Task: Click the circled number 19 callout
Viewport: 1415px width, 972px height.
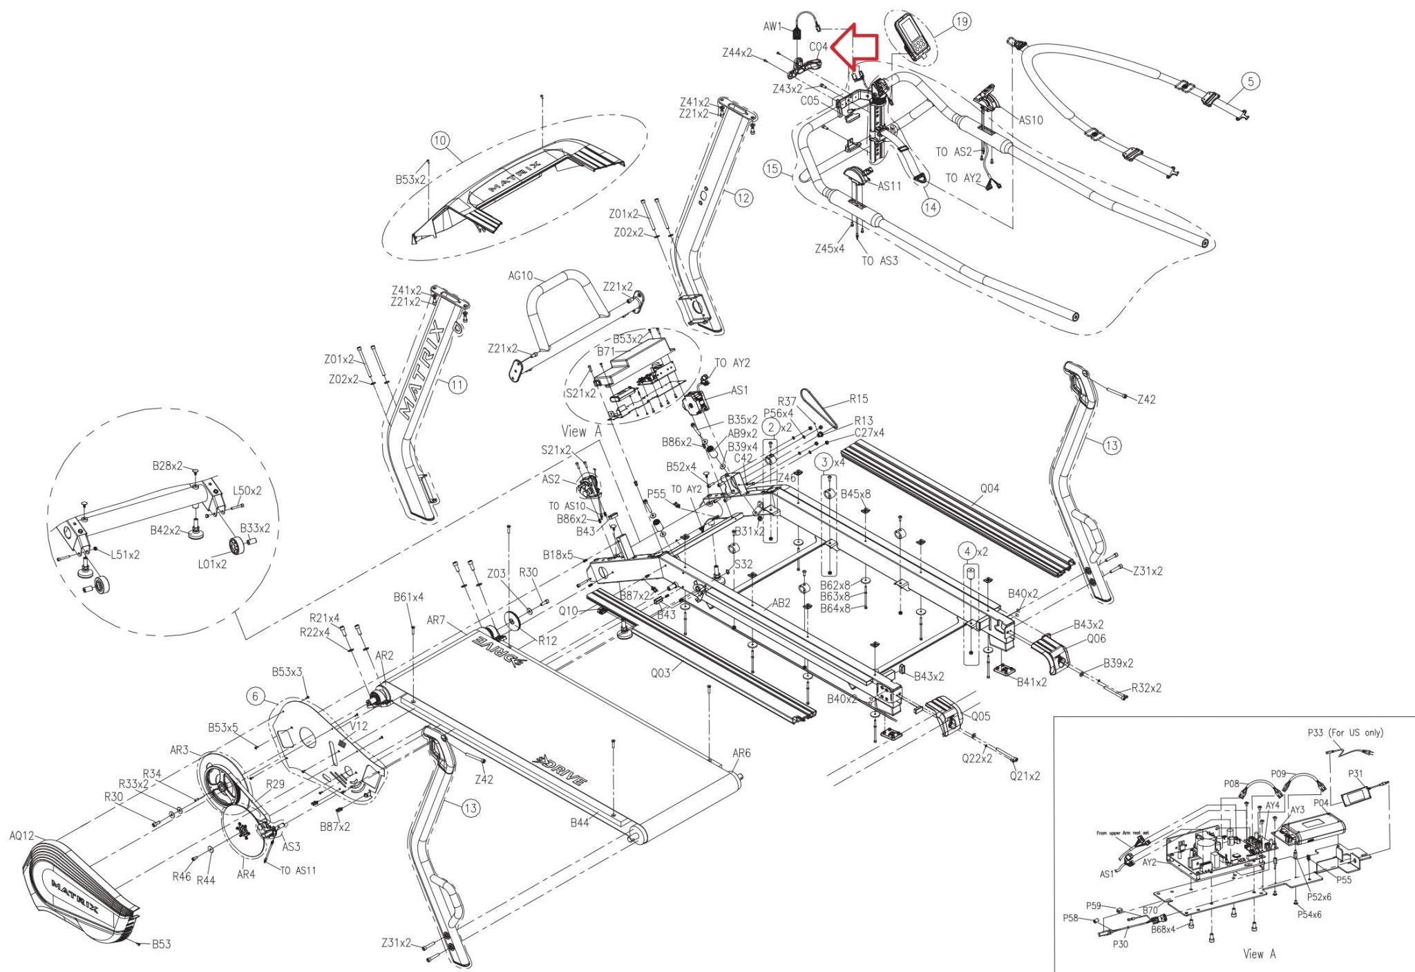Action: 962,22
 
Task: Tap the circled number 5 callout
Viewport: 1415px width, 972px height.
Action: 1251,81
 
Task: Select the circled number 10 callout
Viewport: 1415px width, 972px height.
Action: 440,141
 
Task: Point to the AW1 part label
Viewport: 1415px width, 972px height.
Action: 772,27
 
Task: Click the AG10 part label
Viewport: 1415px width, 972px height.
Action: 520,276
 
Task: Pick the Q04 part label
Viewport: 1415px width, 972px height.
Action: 989,489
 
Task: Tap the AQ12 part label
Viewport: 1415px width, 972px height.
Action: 21,836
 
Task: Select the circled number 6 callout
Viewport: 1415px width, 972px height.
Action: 256,696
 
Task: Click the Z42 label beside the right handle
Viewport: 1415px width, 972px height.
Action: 1146,400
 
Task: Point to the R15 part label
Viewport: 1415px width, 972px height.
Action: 859,399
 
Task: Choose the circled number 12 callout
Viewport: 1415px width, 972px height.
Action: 743,198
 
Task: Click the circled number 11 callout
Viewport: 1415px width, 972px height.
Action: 457,385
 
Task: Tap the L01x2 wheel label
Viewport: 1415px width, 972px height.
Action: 212,564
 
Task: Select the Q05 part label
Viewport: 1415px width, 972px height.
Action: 980,716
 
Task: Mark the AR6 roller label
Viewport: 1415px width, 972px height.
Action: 741,754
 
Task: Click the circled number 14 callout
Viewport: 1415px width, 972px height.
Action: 931,207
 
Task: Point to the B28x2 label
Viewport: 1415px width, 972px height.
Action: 167,466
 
